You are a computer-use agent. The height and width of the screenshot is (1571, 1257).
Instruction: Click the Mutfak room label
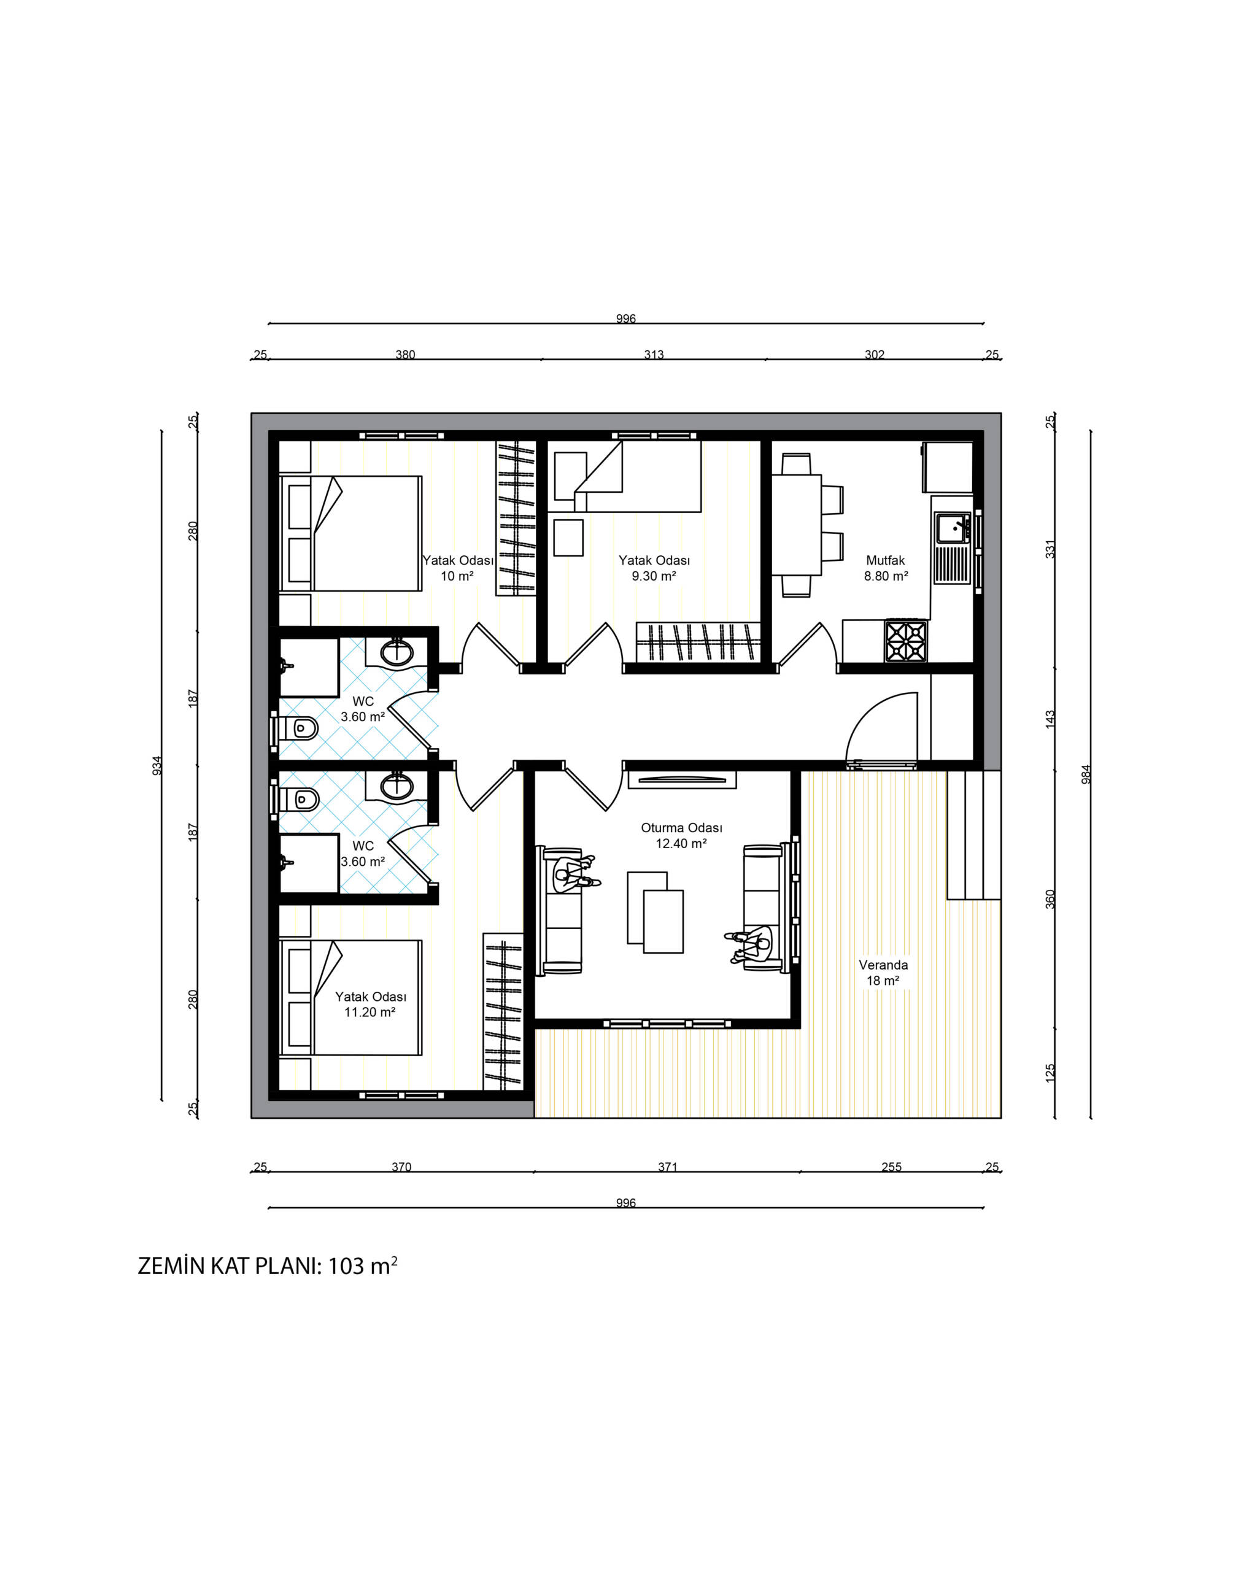coord(886,560)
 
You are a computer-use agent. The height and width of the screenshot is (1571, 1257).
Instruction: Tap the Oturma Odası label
coord(681,828)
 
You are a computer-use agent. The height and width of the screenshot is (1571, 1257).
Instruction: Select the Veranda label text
coord(883,965)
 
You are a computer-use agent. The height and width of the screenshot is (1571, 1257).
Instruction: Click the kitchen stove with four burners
coord(906,641)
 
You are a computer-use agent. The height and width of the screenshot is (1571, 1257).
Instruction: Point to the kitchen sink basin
coord(953,528)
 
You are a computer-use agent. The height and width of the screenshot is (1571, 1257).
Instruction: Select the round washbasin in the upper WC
coord(397,652)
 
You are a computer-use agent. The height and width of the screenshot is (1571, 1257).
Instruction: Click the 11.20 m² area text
coord(370,1012)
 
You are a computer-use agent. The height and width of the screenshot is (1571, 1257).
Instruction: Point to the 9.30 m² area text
coord(654,576)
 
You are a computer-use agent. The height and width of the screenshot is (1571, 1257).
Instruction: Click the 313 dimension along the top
coord(654,354)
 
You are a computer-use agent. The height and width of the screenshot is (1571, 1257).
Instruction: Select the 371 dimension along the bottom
coord(668,1167)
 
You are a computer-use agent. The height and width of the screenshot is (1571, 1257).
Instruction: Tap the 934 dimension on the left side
coord(157,766)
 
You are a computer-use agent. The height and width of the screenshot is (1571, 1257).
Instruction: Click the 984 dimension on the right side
coord(1086,773)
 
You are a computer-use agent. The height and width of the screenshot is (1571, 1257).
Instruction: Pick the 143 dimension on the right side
coord(1050,719)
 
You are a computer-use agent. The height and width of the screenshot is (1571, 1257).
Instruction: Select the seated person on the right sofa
coord(748,945)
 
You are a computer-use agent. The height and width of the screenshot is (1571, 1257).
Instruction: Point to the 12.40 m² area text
coord(681,844)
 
